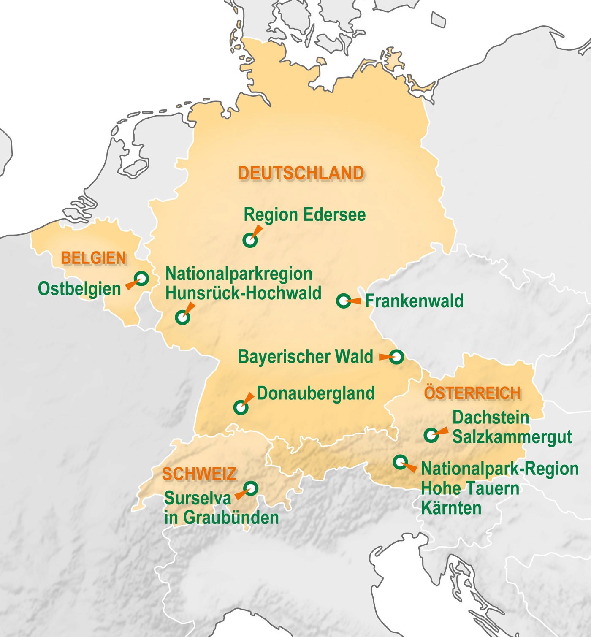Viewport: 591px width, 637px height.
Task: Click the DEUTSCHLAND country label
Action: tap(301, 173)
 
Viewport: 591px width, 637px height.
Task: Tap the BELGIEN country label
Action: tap(93, 258)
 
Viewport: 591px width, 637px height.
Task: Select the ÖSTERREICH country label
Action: tap(472, 393)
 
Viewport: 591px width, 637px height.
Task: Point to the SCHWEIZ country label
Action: tap(199, 474)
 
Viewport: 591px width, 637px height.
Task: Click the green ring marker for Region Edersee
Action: tap(250, 240)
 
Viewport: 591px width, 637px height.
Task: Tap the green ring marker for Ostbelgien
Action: tap(141, 279)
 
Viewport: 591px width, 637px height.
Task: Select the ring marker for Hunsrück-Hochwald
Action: tap(182, 317)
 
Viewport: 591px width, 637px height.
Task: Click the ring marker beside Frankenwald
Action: tap(343, 301)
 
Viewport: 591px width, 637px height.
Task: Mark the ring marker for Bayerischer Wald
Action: tap(396, 357)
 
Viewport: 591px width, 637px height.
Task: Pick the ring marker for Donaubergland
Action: tap(241, 407)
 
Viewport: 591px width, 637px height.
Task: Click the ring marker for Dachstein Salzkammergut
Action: tap(431, 435)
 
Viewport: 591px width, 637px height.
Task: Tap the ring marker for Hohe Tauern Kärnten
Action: tap(400, 462)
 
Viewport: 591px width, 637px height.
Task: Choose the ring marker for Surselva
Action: tap(251, 488)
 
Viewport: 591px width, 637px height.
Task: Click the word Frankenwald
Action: tap(414, 301)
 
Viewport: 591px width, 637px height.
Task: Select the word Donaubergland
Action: tap(315, 393)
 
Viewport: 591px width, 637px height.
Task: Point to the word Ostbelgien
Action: tap(79, 289)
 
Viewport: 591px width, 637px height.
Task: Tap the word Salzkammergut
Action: tap(512, 437)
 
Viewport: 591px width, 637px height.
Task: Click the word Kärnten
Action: tap(451, 508)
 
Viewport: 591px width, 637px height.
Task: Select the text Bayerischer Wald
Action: tap(305, 357)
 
